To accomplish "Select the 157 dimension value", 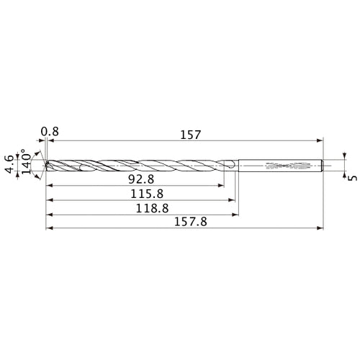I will coord(190,135).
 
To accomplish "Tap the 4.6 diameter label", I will coord(9,164).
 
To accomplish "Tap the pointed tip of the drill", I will coord(45,166).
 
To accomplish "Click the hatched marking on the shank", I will coord(287,166).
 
